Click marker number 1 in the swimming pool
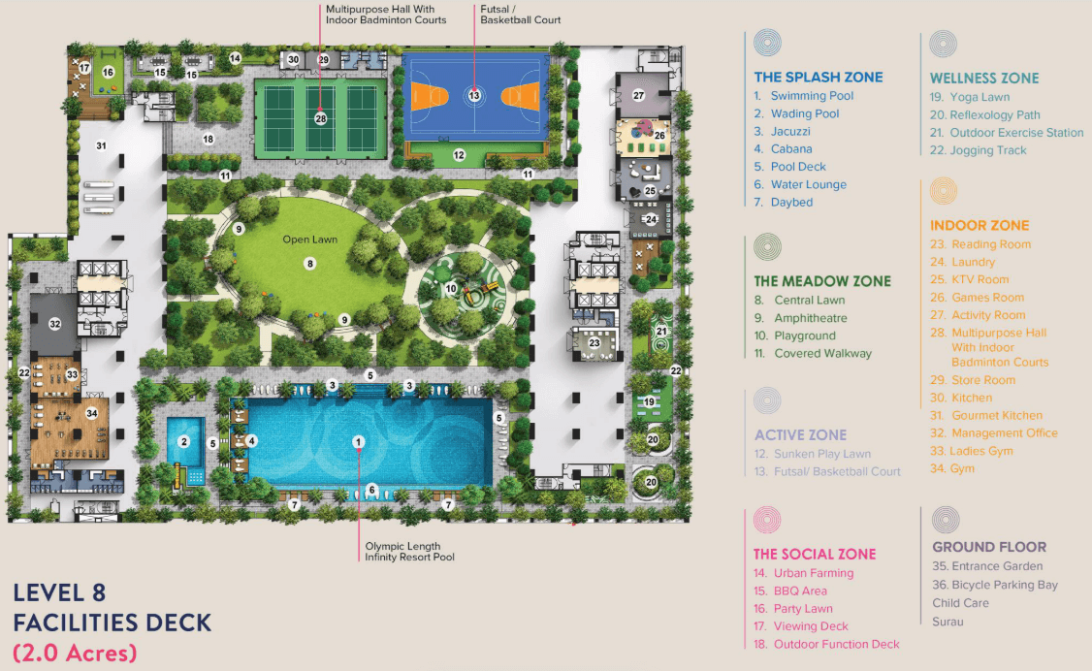click(358, 442)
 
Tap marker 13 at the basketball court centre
click(474, 95)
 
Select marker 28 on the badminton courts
click(321, 118)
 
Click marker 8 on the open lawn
click(310, 263)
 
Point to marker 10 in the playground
click(451, 288)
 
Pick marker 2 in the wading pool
click(183, 442)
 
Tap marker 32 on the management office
click(55, 324)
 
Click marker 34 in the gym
click(92, 413)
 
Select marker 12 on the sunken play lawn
click(459, 154)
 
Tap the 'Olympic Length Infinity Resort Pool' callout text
click(409, 551)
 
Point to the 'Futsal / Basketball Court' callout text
click(520, 15)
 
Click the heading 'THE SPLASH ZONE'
click(819, 78)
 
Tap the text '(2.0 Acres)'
click(74, 652)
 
